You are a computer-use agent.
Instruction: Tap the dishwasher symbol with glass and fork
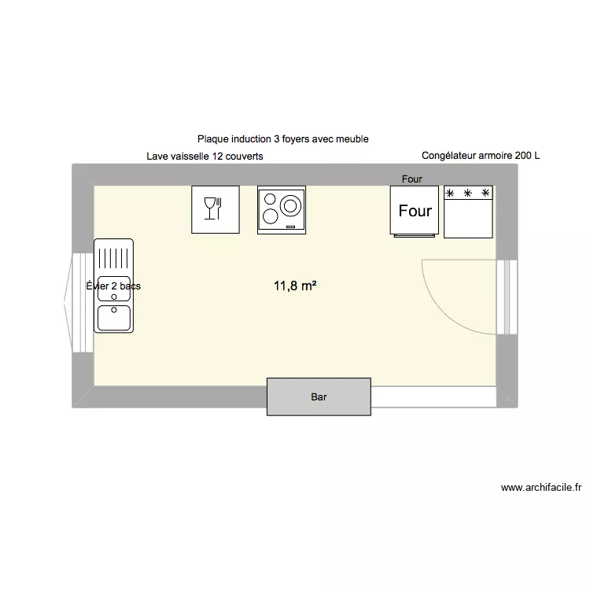[216, 209]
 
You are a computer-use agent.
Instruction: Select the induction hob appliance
[282, 210]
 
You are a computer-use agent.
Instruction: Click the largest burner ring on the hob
[290, 206]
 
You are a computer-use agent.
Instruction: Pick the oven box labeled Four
[415, 211]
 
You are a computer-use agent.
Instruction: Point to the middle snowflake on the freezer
[468, 193]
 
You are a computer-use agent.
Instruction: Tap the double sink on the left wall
[114, 286]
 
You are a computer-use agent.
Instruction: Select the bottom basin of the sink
[114, 318]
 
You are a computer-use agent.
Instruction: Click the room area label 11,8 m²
[295, 286]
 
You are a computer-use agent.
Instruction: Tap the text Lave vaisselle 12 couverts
[205, 157]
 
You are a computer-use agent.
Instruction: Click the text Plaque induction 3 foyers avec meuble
[283, 139]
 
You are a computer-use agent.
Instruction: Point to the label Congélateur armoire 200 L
[481, 156]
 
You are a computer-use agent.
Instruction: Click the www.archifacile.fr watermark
[541, 488]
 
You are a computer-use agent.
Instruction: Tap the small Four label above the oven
[412, 179]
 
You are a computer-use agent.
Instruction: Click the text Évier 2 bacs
[113, 286]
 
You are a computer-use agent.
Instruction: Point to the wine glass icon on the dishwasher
[209, 208]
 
